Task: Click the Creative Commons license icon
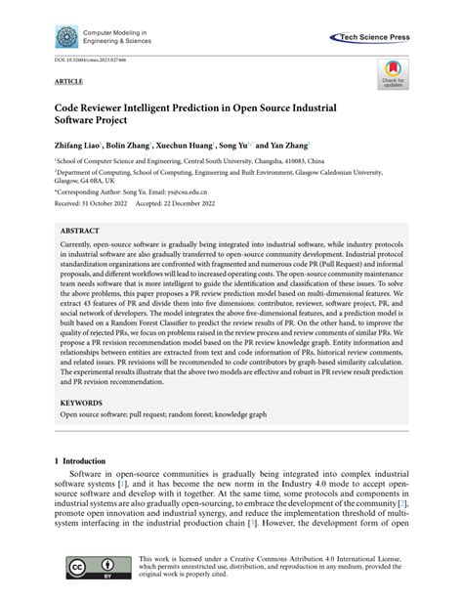(88, 567)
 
